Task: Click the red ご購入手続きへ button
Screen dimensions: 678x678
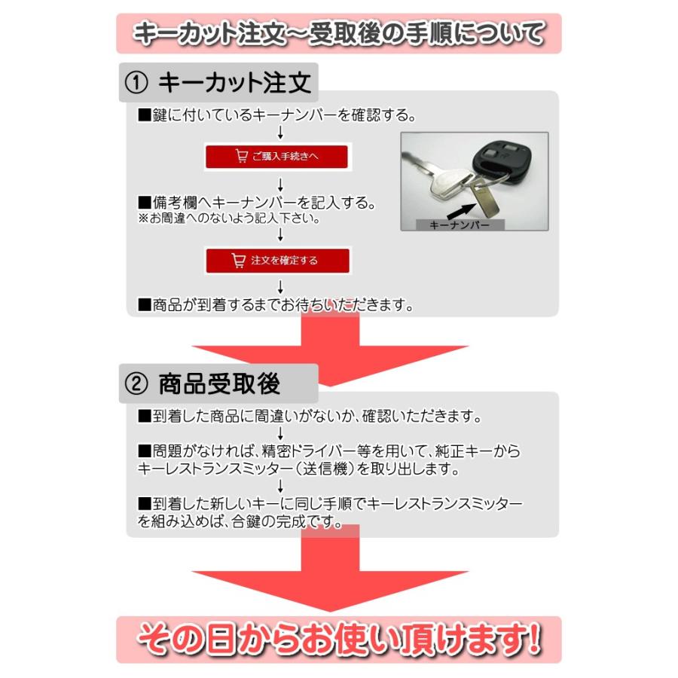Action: pos(277,157)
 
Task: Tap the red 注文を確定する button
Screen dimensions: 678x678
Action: pos(278,261)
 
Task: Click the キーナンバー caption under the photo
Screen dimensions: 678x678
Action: pos(459,224)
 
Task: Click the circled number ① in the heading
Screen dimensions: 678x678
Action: pos(136,82)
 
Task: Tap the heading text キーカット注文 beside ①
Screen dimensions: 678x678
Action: pos(235,82)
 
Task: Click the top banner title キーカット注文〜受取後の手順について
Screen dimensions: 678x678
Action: pos(338,34)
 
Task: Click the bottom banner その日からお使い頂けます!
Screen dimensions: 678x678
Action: pos(338,640)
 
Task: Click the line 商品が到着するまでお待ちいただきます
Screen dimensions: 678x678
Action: pos(276,305)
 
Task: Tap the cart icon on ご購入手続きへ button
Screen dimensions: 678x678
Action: pos(242,157)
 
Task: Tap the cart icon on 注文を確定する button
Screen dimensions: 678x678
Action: pos(239,261)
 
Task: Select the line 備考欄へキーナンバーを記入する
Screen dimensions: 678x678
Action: pos(257,204)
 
